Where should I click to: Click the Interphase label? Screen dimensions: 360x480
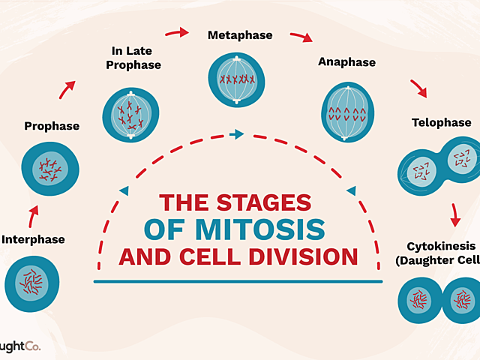(33, 240)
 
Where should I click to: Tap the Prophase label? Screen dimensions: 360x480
(52, 126)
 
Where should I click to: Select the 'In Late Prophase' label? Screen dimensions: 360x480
(136, 58)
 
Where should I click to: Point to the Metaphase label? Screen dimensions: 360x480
(240, 34)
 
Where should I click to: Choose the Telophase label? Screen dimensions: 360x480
(441, 122)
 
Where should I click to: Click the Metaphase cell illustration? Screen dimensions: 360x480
(235, 79)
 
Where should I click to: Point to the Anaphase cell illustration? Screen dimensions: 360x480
(346, 112)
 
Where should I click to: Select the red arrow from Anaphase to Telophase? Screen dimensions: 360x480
(418, 89)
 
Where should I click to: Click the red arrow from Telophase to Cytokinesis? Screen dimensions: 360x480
(454, 215)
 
